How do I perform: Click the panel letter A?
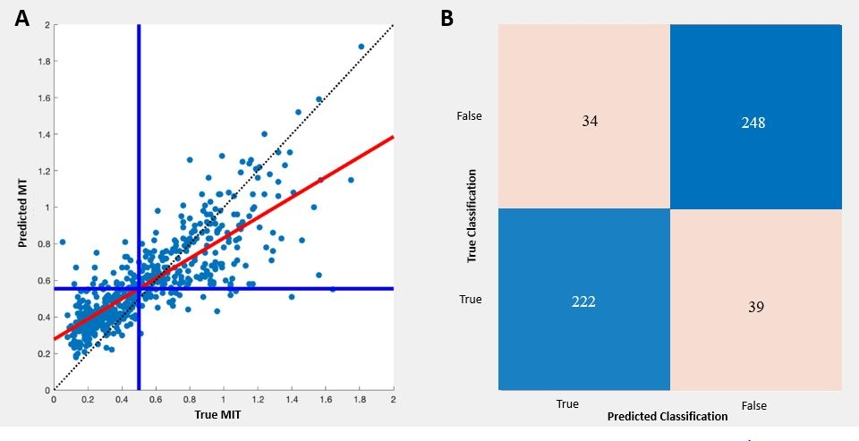22,19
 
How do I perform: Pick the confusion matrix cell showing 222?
583,301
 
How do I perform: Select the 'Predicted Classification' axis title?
667,417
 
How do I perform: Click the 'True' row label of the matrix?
471,300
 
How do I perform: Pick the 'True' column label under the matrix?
567,404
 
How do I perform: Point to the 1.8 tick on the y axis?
42,62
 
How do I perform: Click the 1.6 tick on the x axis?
326,398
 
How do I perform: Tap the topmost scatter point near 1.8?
361,47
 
